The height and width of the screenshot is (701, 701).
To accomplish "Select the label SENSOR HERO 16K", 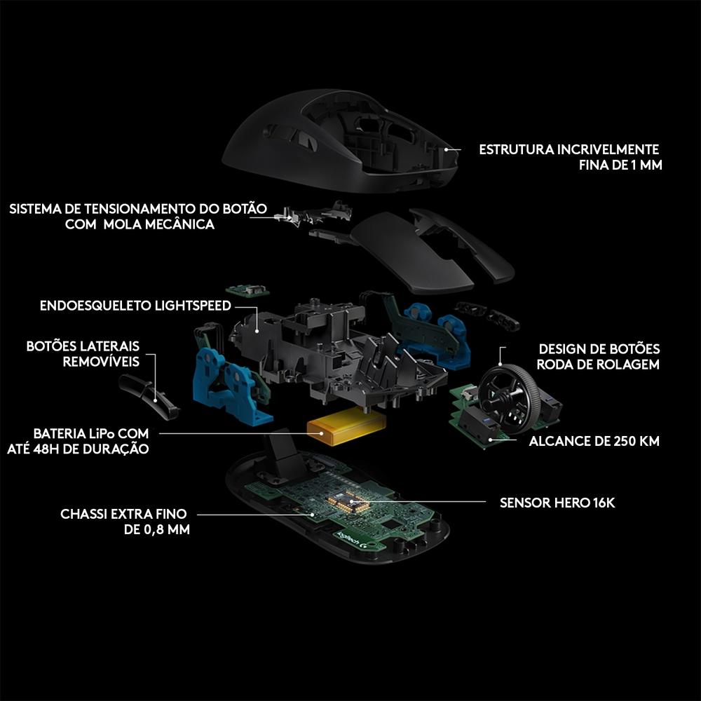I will tap(557, 503).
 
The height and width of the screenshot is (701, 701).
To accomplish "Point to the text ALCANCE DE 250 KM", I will tap(594, 442).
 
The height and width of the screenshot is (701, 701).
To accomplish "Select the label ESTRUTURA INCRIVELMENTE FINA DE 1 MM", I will tap(570, 158).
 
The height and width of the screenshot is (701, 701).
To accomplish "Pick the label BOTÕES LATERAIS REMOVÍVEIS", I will tap(83, 354).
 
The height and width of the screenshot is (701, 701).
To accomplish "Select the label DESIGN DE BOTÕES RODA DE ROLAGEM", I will tap(599, 357).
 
